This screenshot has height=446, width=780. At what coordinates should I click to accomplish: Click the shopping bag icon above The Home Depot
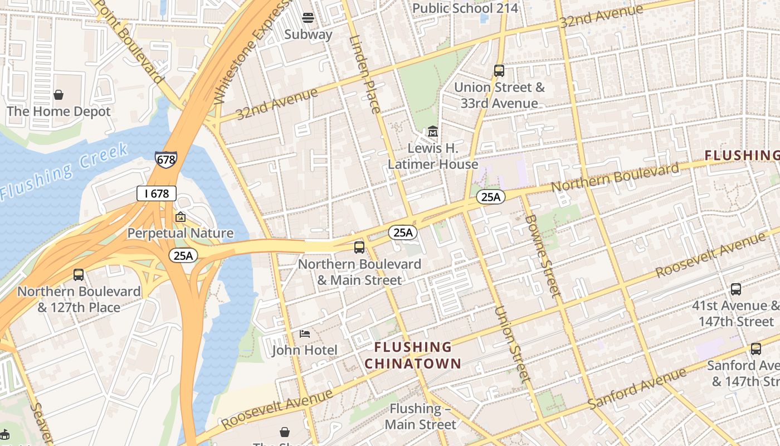pyautogui.click(x=58, y=95)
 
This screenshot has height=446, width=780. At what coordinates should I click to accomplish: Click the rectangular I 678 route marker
pyautogui.click(x=157, y=193)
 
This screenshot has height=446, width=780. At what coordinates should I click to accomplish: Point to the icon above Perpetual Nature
pyautogui.click(x=180, y=217)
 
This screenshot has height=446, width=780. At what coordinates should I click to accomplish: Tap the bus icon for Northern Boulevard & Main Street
pyautogui.click(x=359, y=247)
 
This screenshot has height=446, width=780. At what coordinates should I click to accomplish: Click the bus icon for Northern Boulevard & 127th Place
pyautogui.click(x=79, y=275)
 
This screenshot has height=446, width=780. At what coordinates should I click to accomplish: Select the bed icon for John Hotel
pyautogui.click(x=305, y=333)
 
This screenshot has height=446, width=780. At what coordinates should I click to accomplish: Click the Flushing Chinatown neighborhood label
pyautogui.click(x=413, y=356)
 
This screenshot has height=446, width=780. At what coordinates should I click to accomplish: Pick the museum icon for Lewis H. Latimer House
pyautogui.click(x=433, y=132)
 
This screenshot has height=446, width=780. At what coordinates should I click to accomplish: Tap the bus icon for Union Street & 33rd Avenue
pyautogui.click(x=499, y=71)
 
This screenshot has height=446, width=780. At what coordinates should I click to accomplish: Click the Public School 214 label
pyautogui.click(x=465, y=8)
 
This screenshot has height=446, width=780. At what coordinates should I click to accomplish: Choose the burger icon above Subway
pyautogui.click(x=308, y=17)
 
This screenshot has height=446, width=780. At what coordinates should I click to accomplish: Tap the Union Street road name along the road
pyautogui.click(x=511, y=343)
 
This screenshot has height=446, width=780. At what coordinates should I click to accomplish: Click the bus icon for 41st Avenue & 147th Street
pyautogui.click(x=736, y=289)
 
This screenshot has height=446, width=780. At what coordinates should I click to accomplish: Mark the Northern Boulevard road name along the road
pyautogui.click(x=616, y=177)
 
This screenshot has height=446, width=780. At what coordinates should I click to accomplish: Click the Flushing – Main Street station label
pyautogui.click(x=421, y=416)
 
